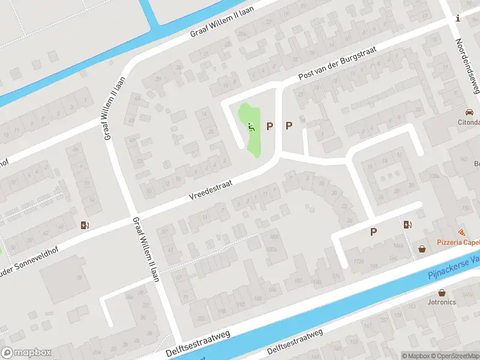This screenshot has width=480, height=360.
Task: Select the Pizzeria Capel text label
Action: coord(458,242)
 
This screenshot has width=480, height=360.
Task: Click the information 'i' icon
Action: coord(458,19)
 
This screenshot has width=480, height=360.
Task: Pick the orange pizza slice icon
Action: coord(461,232)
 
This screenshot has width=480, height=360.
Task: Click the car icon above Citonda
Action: coord(469,112)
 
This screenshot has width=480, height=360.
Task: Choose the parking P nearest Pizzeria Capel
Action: coord(373,232)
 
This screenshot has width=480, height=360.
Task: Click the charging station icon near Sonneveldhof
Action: coord(85,226)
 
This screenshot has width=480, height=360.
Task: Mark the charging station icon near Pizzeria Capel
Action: coord(409,225)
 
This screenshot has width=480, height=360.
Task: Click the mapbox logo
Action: coord(27,353)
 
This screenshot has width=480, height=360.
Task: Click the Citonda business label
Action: coord(469,123)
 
